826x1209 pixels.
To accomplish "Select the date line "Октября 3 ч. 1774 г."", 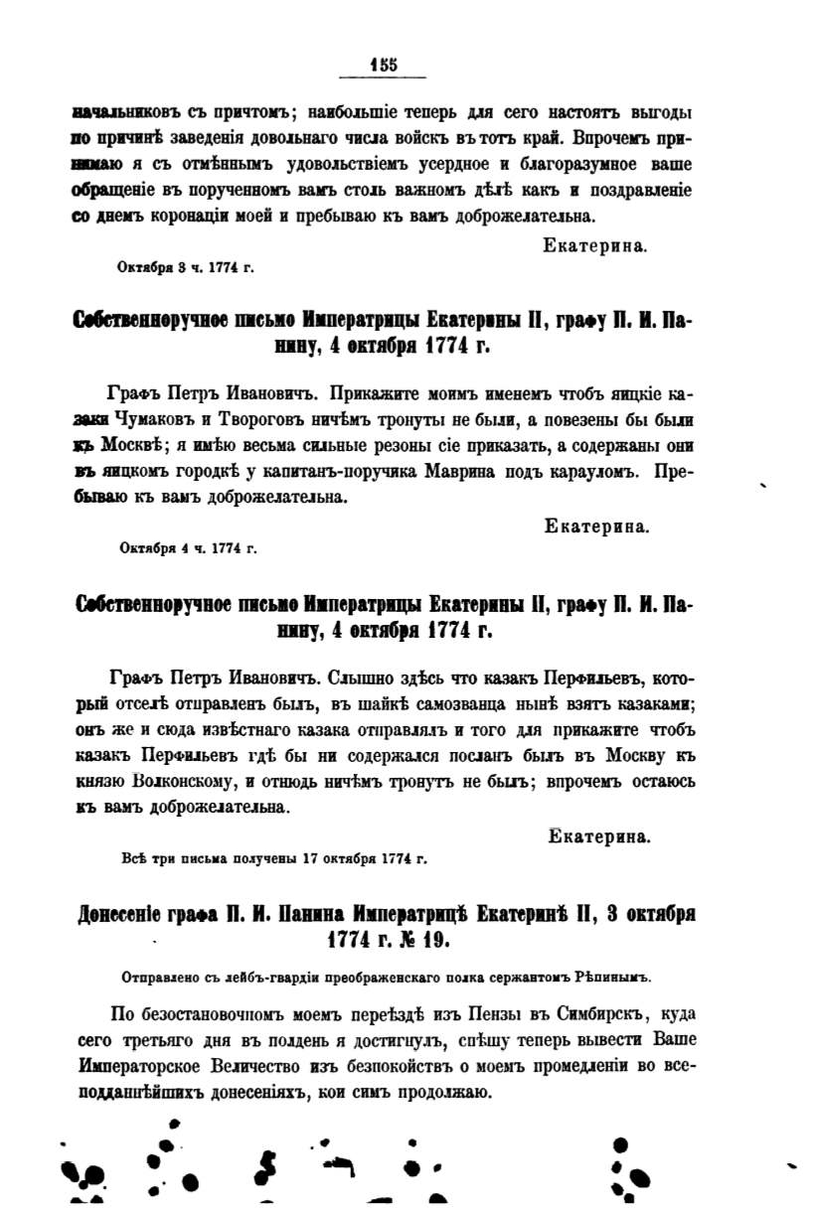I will pos(188,265).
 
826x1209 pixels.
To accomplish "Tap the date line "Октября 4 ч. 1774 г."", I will pos(188,546).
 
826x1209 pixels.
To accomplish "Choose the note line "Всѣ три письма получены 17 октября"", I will pos(271,858).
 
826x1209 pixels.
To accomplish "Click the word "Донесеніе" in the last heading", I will pos(126,913).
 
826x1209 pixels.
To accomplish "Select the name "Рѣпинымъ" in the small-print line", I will pos(614,977).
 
